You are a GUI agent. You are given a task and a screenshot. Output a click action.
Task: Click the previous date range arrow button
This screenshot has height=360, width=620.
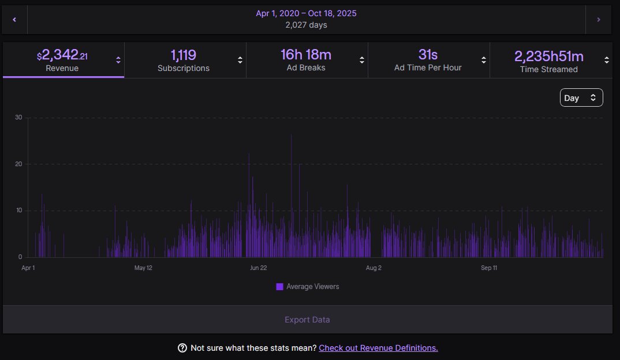[x=14, y=20]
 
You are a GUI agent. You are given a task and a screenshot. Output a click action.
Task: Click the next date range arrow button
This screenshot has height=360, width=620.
[x=599, y=20]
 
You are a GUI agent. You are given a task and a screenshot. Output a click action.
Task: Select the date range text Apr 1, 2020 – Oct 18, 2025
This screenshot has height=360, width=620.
[x=307, y=13]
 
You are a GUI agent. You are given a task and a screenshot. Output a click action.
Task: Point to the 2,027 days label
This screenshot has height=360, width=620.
[x=307, y=25]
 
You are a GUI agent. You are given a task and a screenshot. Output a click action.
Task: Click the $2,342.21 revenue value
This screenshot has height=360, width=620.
[x=62, y=55]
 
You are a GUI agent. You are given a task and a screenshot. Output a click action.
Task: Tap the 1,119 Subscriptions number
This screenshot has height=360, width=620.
[x=184, y=55]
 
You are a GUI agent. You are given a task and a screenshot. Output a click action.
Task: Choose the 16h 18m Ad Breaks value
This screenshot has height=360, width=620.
[x=306, y=55]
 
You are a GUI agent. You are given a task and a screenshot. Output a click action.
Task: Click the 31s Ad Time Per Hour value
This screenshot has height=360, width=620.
[x=428, y=55]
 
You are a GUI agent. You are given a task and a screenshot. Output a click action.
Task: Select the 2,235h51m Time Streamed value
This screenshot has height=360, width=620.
[x=548, y=56]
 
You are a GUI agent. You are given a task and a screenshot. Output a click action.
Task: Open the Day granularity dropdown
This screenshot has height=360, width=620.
[x=581, y=98]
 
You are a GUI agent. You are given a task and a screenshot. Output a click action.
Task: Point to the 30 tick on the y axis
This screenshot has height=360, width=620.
[x=18, y=118]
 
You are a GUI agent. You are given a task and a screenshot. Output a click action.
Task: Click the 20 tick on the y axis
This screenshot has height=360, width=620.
[x=18, y=164]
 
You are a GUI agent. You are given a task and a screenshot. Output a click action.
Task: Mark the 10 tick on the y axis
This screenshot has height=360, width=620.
[x=18, y=211]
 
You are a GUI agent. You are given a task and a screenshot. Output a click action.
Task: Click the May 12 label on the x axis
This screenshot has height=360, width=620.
[x=143, y=268]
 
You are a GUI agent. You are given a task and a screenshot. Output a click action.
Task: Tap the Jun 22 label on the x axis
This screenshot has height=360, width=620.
[x=258, y=268]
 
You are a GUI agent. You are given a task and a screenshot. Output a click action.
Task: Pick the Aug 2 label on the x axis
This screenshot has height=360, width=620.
[x=374, y=268]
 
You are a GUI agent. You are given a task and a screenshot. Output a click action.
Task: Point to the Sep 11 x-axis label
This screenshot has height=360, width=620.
[x=489, y=268]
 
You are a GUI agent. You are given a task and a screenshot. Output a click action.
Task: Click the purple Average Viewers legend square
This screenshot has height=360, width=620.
[x=279, y=287]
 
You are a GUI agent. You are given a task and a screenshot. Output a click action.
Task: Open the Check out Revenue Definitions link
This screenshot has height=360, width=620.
[x=378, y=348]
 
